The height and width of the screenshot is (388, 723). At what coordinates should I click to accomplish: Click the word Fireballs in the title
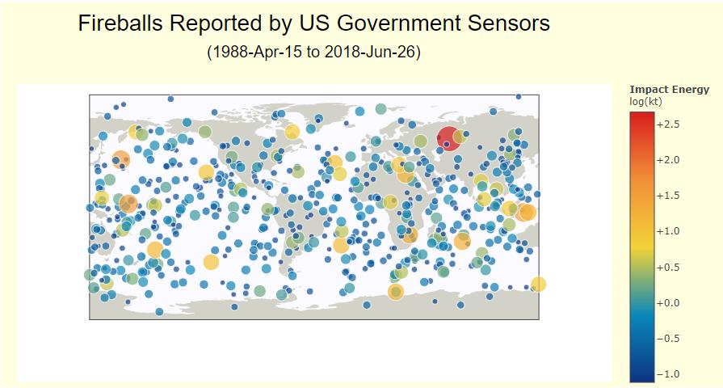(120, 23)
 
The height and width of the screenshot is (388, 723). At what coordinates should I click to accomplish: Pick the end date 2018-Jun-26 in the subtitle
(370, 52)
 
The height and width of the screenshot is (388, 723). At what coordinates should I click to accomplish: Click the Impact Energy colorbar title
(669, 90)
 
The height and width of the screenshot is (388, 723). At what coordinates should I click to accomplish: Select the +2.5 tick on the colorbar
(668, 124)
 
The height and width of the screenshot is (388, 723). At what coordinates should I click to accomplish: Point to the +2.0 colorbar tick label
(668, 160)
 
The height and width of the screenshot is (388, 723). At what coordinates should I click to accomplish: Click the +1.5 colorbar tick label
(668, 196)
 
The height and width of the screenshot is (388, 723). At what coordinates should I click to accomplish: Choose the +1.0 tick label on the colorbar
(668, 231)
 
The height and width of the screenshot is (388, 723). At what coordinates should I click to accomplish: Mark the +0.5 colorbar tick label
(668, 267)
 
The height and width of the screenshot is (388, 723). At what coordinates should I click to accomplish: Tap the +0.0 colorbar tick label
(668, 303)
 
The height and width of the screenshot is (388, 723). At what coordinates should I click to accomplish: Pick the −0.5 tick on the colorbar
(668, 339)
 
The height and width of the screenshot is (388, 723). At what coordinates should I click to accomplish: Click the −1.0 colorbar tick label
(668, 374)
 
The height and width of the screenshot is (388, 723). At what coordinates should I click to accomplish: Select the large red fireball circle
(448, 137)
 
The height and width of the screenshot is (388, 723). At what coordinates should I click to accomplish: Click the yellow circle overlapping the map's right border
(538, 285)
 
